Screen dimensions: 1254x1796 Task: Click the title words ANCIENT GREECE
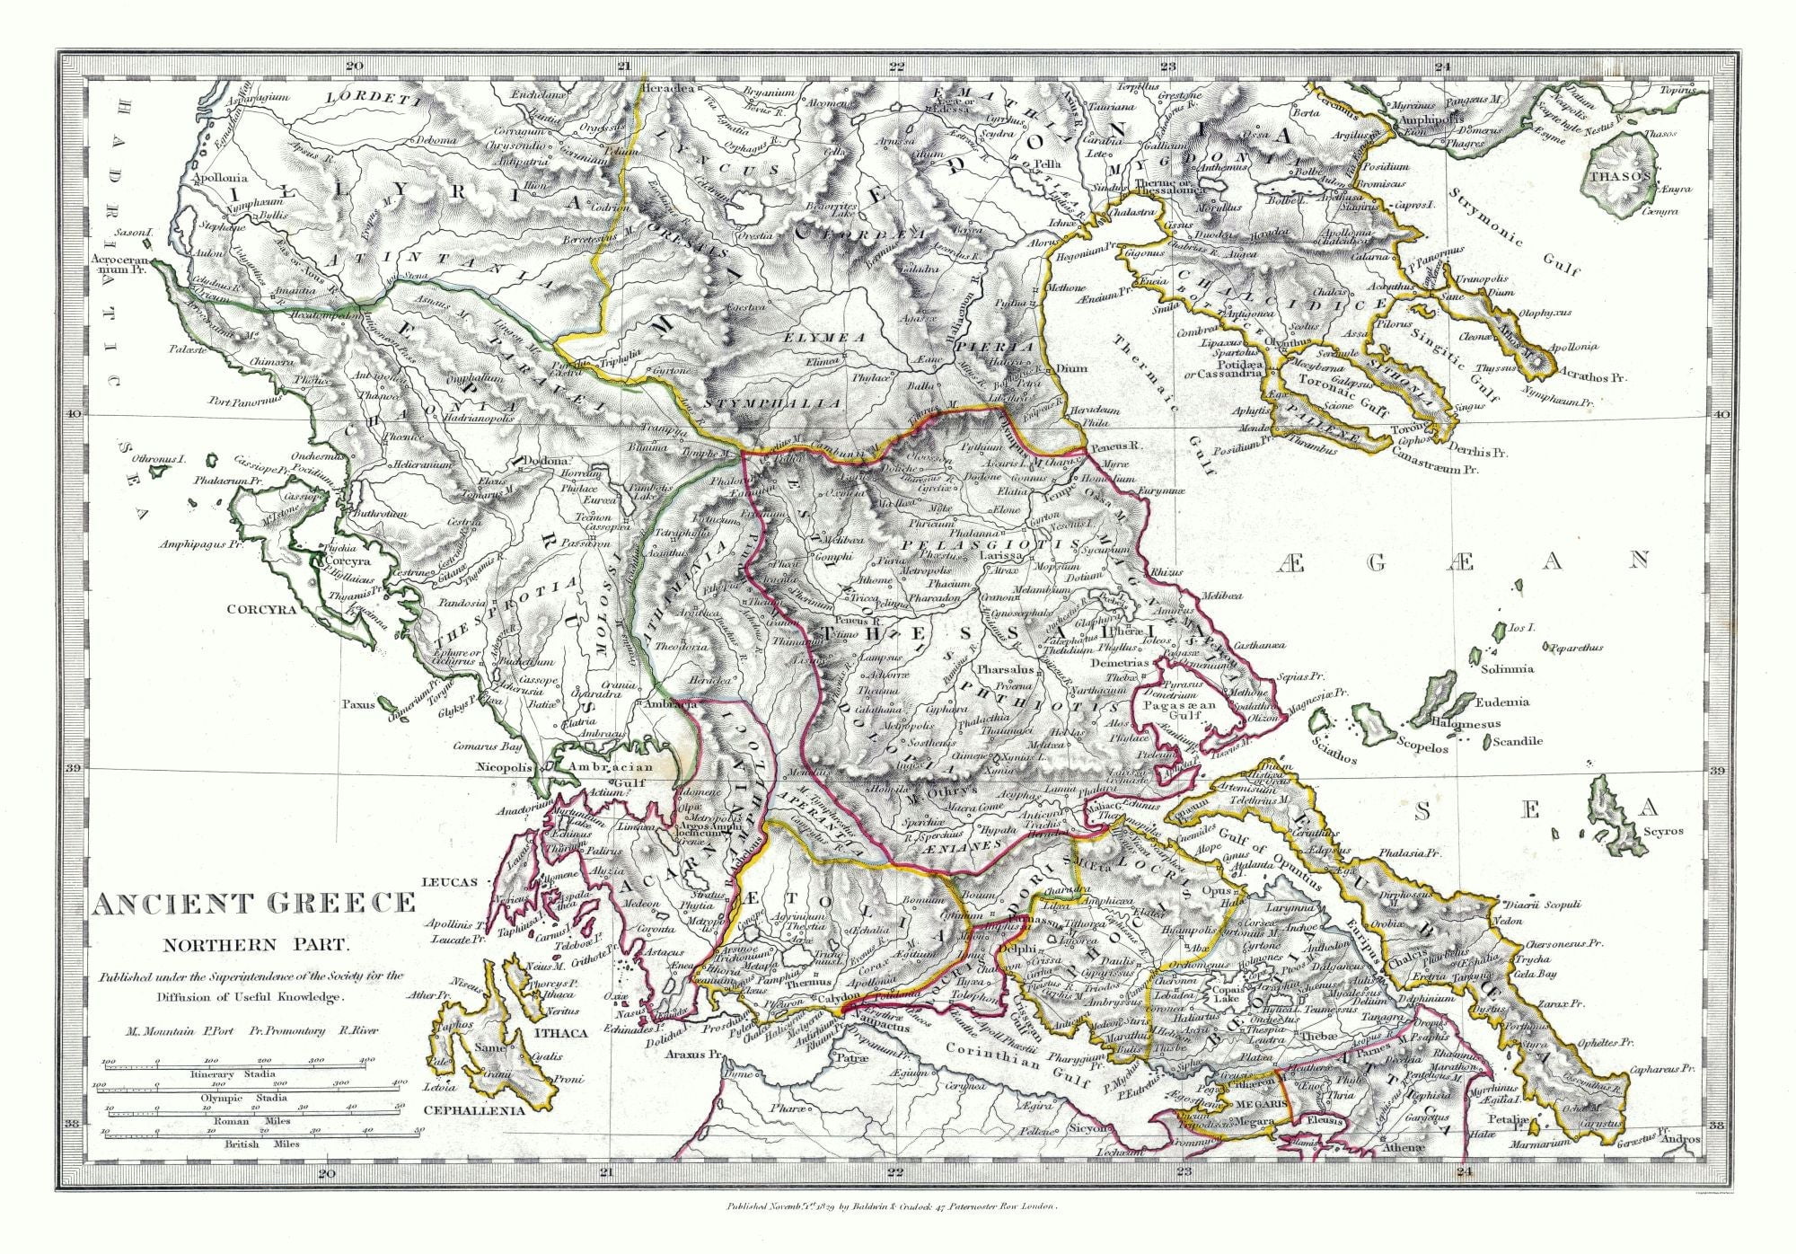point(255,903)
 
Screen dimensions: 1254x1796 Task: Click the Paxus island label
point(357,705)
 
